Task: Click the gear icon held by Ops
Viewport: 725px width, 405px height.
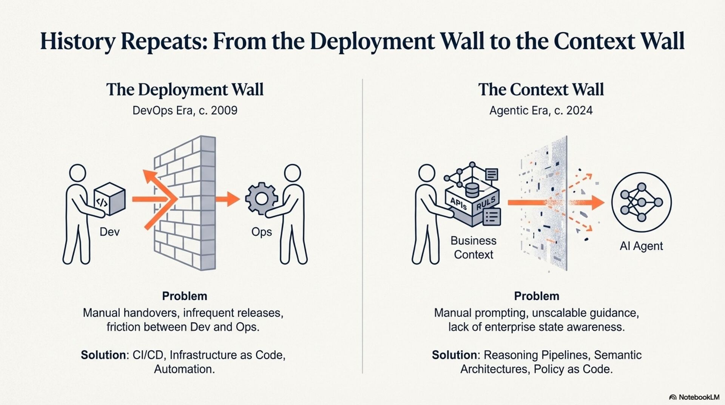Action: (x=261, y=199)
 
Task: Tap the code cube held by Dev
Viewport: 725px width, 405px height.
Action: (x=110, y=199)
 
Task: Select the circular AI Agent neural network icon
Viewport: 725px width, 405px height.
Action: (x=641, y=202)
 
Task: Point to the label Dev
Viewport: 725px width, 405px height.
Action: (x=110, y=232)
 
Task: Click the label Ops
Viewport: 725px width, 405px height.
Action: (x=262, y=232)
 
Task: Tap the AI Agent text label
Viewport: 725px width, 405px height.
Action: (x=641, y=246)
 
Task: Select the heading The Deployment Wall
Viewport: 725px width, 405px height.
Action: (x=185, y=90)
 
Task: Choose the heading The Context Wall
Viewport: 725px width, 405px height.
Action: (x=541, y=90)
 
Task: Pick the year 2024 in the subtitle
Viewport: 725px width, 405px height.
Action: (x=579, y=110)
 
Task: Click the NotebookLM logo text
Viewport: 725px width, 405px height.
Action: (x=699, y=397)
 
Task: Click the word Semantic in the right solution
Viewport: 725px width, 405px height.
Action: (x=618, y=355)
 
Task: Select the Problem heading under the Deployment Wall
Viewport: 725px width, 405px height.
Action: (x=185, y=296)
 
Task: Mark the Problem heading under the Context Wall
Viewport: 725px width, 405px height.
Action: (x=537, y=296)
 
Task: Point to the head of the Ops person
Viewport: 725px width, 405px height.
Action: (x=292, y=173)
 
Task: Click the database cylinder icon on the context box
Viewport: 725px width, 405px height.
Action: (x=472, y=190)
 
